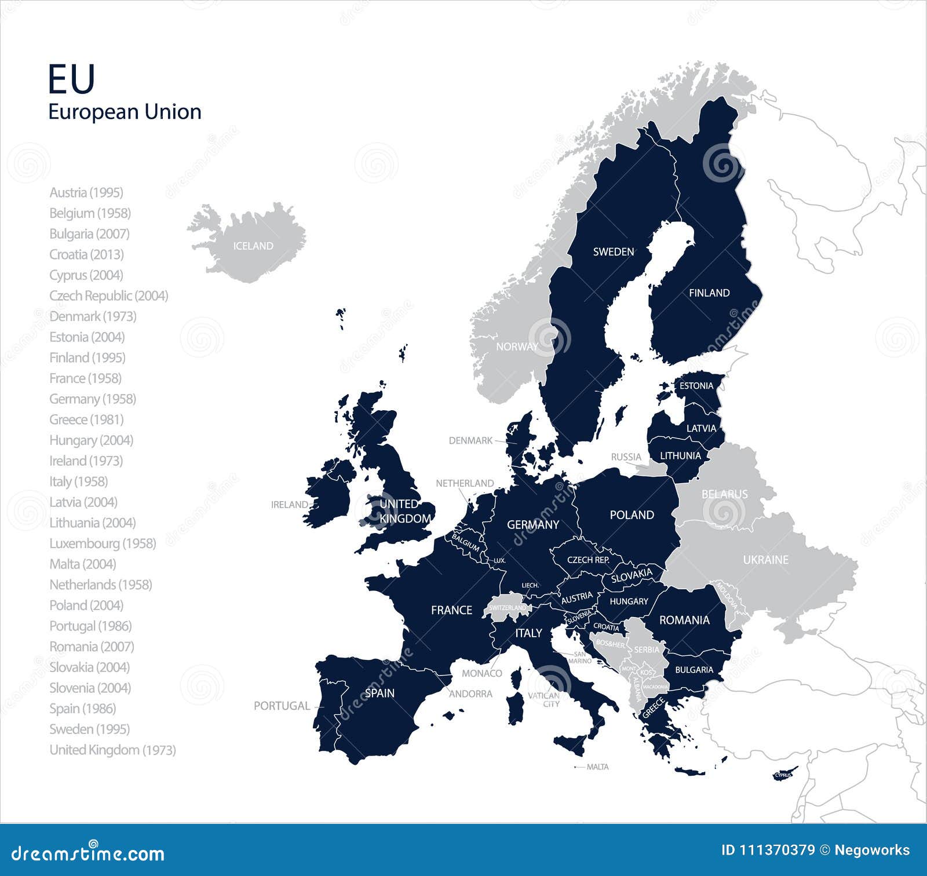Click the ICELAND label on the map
pyautogui.click(x=253, y=246)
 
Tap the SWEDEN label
pyautogui.click(x=613, y=252)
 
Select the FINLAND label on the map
pyautogui.click(x=709, y=293)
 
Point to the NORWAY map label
pyautogui.click(x=517, y=346)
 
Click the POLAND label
pyautogui.click(x=632, y=515)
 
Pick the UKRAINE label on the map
pyautogui.click(x=765, y=560)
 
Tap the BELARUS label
pyautogui.click(x=724, y=494)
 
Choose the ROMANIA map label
pyautogui.click(x=684, y=620)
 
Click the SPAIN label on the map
pyautogui.click(x=379, y=693)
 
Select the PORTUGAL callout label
pyautogui.click(x=282, y=706)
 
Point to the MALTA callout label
pyautogui.click(x=597, y=767)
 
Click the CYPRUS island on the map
pyautogui.click(x=784, y=775)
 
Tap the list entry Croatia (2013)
pyautogui.click(x=86, y=254)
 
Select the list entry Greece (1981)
pyautogui.click(x=86, y=419)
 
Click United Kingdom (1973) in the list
pyautogui.click(x=112, y=750)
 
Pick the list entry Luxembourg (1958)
pyautogui.click(x=103, y=543)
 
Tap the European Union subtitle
pyautogui.click(x=125, y=112)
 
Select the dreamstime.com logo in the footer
pyautogui.click(x=88, y=853)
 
